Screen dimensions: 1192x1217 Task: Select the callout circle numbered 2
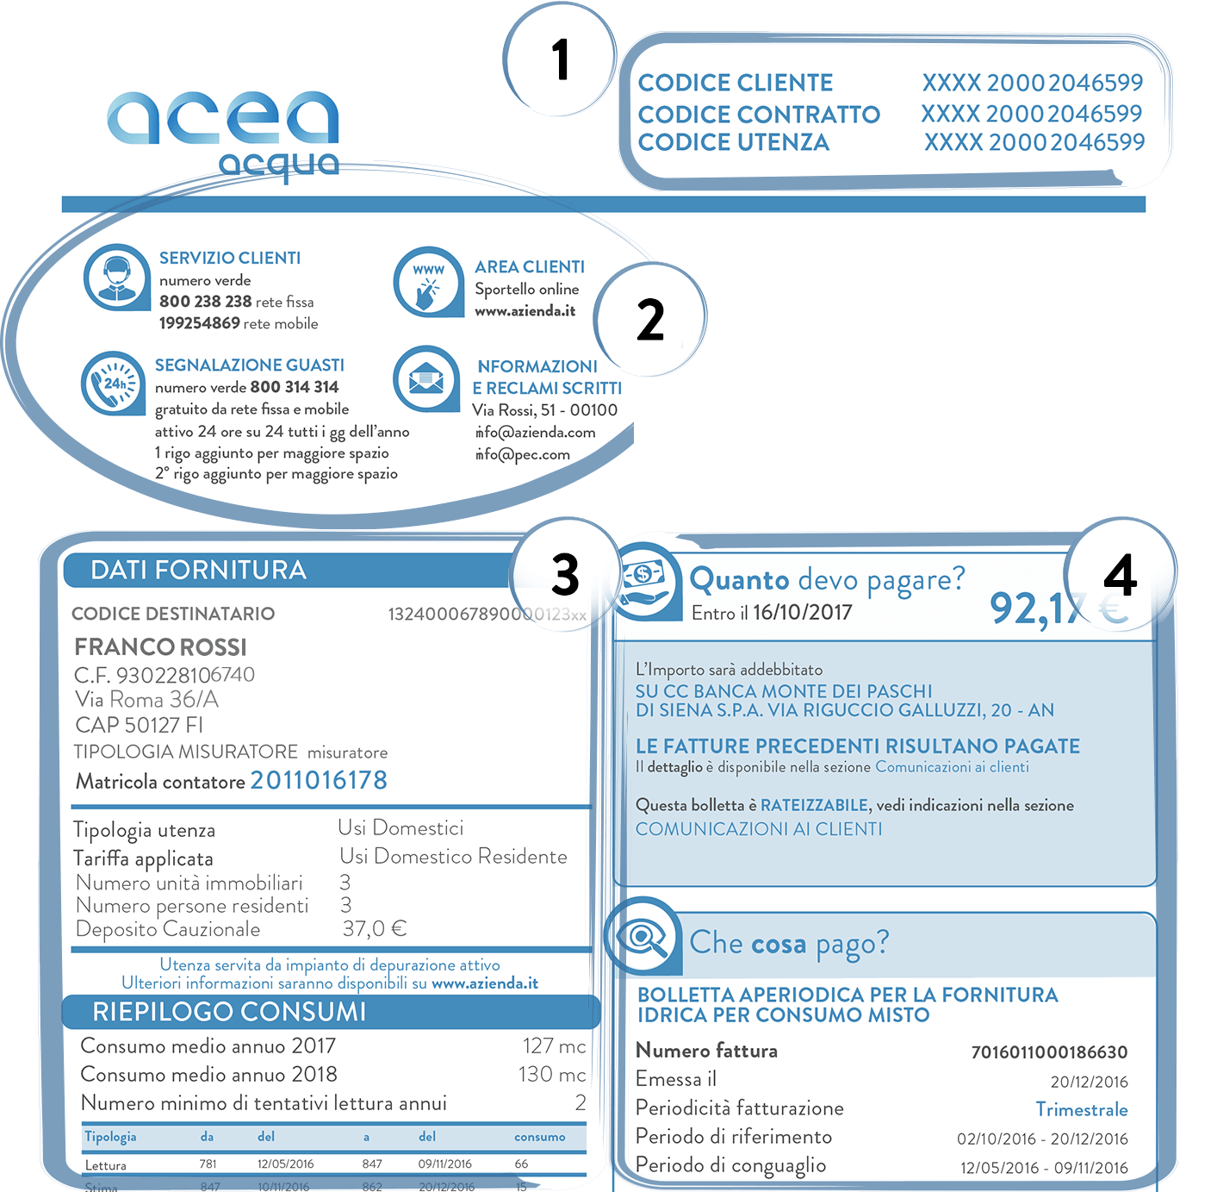click(x=650, y=319)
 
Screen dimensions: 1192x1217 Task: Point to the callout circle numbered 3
click(x=565, y=574)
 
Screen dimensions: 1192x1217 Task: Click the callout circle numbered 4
click(x=1120, y=574)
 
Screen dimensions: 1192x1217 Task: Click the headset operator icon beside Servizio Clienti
click(x=116, y=278)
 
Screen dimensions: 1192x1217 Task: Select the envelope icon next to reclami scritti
click(x=426, y=378)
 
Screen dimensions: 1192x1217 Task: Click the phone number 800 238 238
click(x=205, y=302)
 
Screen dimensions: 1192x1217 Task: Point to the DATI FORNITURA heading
click(x=198, y=570)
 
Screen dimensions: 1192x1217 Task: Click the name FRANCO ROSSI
click(x=160, y=646)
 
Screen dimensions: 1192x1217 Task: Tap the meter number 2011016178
click(x=319, y=780)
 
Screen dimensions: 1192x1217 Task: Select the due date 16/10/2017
click(x=802, y=613)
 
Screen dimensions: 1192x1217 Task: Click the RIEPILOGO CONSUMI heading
click(x=229, y=1011)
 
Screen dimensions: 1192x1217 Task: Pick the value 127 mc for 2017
click(x=554, y=1045)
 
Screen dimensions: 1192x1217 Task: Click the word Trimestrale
click(x=1081, y=1109)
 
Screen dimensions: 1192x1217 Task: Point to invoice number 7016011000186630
click(x=1048, y=1052)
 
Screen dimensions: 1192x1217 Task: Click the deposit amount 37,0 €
click(x=374, y=928)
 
